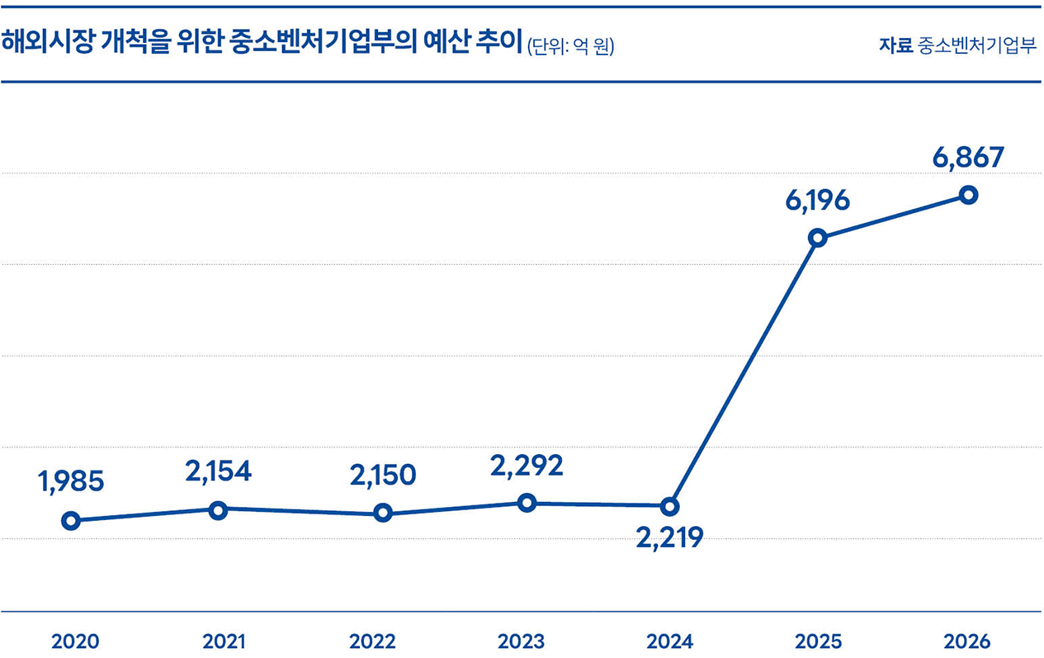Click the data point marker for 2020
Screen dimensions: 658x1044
71,520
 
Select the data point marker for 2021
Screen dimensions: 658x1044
218,510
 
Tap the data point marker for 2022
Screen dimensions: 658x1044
382,514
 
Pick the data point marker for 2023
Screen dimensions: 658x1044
527,503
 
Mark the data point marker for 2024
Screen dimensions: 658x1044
670,505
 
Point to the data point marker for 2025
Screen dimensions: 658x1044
817,238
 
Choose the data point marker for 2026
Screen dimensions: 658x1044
969,195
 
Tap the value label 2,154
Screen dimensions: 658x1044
218,471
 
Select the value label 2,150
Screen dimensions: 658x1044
382,475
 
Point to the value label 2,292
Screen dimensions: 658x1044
527,466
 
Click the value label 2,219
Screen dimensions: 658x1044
669,539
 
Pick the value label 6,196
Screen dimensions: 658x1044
817,201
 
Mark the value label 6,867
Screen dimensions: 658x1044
969,157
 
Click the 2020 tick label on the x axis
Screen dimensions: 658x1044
75,641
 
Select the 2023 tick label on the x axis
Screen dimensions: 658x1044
522,641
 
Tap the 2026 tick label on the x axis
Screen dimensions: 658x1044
966,641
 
